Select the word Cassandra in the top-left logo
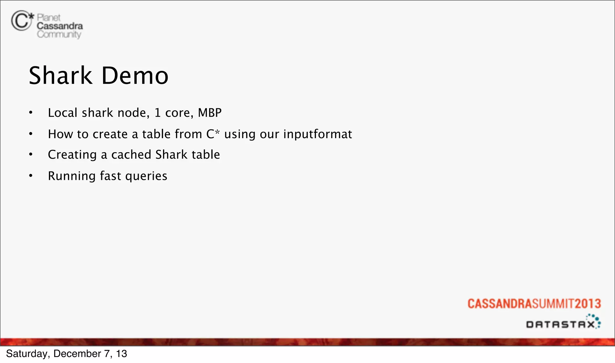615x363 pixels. click(60, 26)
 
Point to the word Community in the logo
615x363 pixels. click(59, 35)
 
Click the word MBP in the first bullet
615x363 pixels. click(210, 113)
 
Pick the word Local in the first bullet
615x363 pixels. click(62, 113)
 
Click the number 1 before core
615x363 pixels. click(157, 113)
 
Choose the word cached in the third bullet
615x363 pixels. click(131, 155)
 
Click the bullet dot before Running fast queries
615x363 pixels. click(31, 176)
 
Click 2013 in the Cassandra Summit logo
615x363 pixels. click(588, 304)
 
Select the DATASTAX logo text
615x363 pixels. click(560, 325)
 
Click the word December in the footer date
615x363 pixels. click(77, 354)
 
